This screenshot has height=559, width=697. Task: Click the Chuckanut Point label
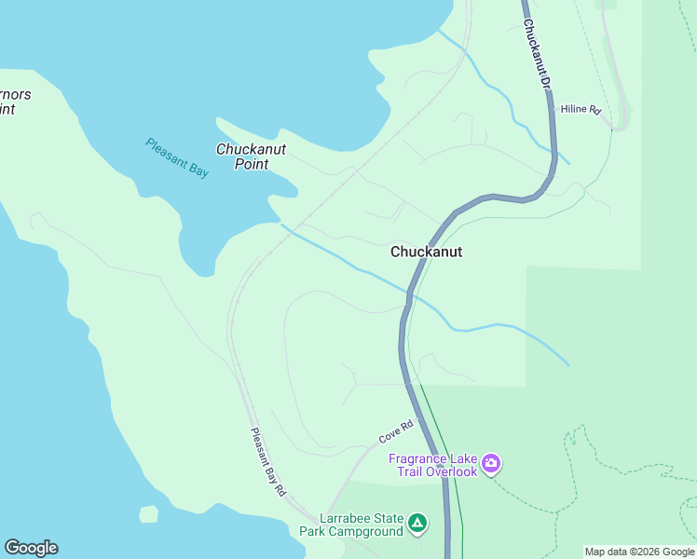[x=250, y=157]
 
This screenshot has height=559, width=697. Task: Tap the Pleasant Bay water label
[x=177, y=157]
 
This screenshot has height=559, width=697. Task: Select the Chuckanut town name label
[x=426, y=252]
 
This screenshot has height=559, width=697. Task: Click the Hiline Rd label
[x=581, y=110]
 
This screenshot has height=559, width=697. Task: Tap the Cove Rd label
[x=395, y=431]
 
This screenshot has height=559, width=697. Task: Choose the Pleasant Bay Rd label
[x=267, y=462]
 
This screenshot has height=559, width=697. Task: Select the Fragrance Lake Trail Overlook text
[x=433, y=465]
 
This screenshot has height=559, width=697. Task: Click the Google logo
[x=31, y=548]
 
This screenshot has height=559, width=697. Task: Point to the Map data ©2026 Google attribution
[x=639, y=552]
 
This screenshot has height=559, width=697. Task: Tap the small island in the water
[x=148, y=513]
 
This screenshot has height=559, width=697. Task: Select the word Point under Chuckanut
[x=252, y=165]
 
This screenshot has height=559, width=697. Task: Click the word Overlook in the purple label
[x=452, y=471]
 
